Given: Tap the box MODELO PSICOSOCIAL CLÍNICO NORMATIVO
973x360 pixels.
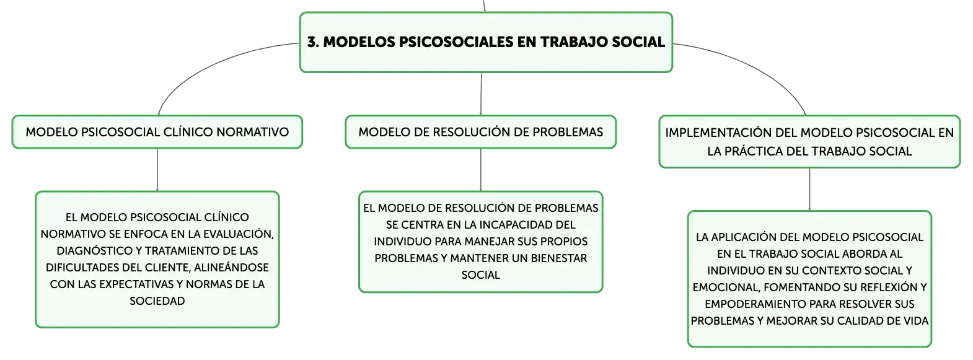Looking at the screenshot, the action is (157, 132).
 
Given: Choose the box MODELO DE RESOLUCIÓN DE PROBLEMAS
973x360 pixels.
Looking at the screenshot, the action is (481, 132).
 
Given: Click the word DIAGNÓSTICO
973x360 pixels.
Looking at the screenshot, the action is (100, 251).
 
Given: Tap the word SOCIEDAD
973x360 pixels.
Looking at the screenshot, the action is (157, 301).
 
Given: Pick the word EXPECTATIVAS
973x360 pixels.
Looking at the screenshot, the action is (139, 284).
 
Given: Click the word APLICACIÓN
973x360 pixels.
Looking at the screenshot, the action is (744, 237).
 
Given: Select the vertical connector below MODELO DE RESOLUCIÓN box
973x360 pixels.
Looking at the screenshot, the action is (481, 170).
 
